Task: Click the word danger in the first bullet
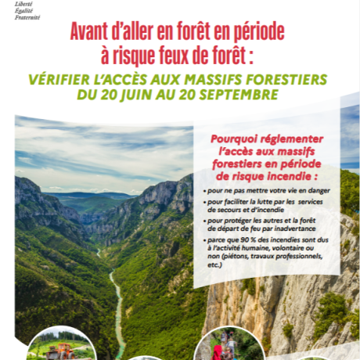click(x=318, y=190)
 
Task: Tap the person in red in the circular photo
click(x=217, y=350)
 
